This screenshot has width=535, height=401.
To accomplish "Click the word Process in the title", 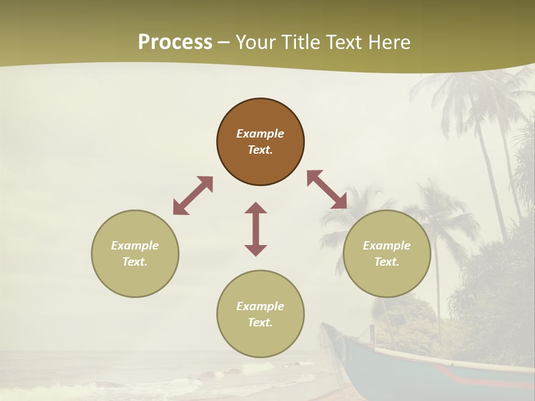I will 175,42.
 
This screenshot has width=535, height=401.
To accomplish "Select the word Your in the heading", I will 257,42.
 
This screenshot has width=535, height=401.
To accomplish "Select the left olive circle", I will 135,278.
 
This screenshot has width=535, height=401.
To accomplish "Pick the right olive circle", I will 387,278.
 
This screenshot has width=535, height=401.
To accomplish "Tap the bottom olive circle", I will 260,340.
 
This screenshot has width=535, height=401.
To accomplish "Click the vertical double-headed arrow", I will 256,229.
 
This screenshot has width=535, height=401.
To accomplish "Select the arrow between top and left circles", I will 193,195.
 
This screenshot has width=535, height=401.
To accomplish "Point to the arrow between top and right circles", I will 327,190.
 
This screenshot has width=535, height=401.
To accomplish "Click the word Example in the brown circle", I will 260,134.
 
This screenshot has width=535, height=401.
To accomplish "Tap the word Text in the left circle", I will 135,262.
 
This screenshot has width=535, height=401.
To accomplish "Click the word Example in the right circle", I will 387,246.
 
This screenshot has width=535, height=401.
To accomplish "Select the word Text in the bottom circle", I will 260,322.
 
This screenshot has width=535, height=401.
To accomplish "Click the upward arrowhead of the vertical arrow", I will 256,208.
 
